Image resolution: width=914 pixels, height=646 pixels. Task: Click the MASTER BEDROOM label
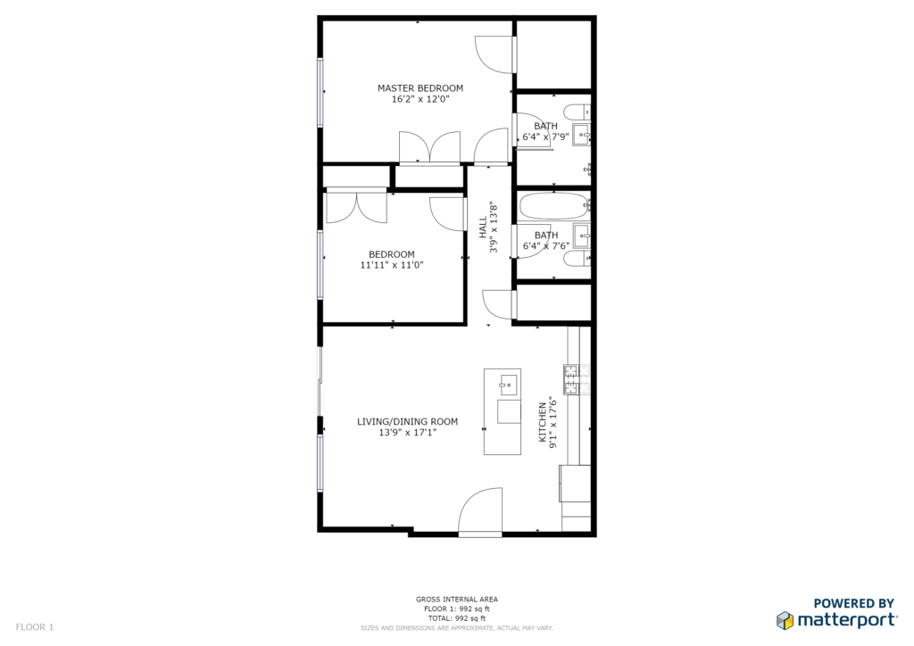(x=420, y=88)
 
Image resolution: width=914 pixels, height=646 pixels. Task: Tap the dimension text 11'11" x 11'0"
(x=392, y=265)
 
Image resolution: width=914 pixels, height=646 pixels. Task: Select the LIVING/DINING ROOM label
(x=407, y=422)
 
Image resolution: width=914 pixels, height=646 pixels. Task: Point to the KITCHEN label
(x=543, y=422)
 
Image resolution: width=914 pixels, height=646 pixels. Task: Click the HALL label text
(x=483, y=228)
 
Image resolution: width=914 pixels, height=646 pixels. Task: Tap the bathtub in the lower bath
(x=554, y=205)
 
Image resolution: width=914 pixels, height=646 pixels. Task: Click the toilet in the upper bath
(x=577, y=112)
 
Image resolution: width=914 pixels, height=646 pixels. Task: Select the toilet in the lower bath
(x=577, y=259)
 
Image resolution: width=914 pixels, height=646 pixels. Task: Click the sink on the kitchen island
(x=508, y=385)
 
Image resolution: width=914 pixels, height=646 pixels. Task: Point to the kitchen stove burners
(x=577, y=378)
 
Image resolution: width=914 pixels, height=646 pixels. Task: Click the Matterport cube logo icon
(x=785, y=620)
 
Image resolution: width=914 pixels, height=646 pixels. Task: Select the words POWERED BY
(x=854, y=603)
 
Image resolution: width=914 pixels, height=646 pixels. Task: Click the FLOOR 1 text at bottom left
(x=35, y=627)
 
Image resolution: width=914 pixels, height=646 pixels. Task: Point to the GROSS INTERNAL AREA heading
(x=457, y=600)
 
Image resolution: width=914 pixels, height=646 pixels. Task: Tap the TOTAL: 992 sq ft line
(x=457, y=618)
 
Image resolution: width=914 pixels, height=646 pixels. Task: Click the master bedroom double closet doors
(x=429, y=147)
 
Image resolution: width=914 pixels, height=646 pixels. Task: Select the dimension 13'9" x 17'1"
(x=407, y=433)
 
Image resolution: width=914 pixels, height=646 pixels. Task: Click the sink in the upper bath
(x=581, y=135)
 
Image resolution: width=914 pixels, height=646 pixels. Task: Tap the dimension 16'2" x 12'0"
(x=420, y=100)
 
